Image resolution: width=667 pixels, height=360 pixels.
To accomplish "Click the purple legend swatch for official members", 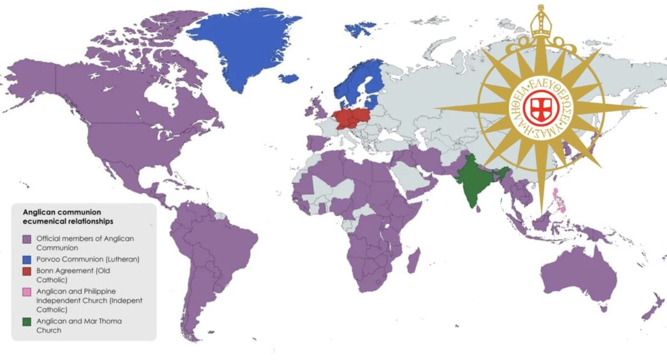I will [x=26, y=239].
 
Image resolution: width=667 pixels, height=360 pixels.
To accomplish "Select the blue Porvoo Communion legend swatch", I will [x=26, y=259].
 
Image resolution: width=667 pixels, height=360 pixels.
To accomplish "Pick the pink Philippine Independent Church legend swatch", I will [x=26, y=291].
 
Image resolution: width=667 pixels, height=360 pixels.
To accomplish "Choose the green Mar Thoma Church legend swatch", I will [x=26, y=321].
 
